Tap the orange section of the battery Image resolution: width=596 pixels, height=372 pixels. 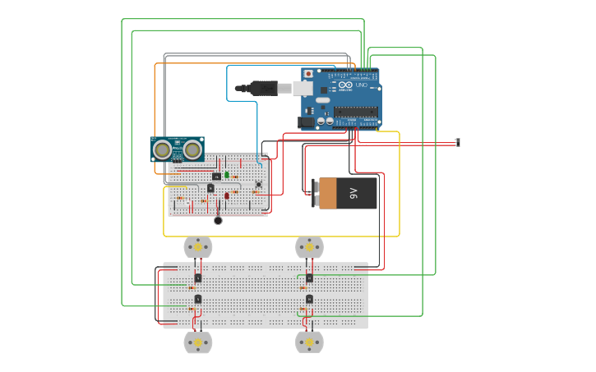[x=327, y=193]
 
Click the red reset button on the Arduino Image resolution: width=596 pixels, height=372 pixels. [x=309, y=74]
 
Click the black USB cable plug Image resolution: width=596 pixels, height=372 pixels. [x=263, y=87]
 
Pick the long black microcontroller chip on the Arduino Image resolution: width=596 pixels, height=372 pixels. [x=355, y=112]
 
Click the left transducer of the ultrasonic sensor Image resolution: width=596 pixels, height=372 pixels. [x=163, y=149]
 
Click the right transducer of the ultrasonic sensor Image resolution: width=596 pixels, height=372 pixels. [x=192, y=149]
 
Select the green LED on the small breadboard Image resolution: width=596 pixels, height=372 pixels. [x=227, y=175]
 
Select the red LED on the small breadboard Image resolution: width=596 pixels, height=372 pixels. [x=227, y=195]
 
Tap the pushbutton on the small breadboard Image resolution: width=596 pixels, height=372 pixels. [x=258, y=184]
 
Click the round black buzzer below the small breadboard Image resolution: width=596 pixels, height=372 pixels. [x=218, y=220]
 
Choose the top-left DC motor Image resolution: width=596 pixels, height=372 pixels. [x=197, y=246]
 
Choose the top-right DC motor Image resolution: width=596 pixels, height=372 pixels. [x=309, y=246]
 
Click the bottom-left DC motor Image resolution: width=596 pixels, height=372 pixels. [x=197, y=342]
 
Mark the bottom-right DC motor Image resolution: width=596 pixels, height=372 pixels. [x=309, y=342]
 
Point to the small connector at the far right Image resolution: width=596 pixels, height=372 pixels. [x=458, y=143]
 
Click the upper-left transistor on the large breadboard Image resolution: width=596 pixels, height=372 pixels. [x=198, y=278]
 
